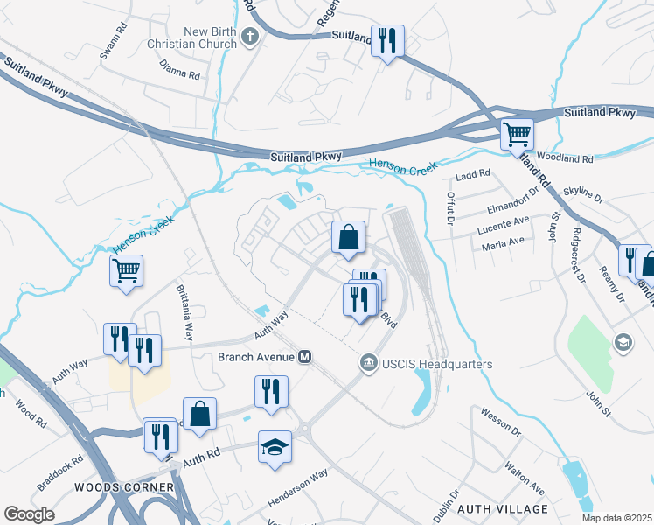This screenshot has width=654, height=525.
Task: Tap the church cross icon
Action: [x=251, y=38]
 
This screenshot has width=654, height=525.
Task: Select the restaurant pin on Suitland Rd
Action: [x=386, y=40]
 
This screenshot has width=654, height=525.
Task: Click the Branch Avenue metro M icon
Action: [x=305, y=357]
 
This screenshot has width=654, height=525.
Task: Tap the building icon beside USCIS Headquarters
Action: [x=368, y=363]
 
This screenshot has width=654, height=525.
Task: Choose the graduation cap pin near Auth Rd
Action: [x=275, y=447]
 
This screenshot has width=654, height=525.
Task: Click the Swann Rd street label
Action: [x=113, y=51]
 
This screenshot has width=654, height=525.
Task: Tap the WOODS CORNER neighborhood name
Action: [x=123, y=487]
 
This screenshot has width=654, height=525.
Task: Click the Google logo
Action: [x=30, y=514]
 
